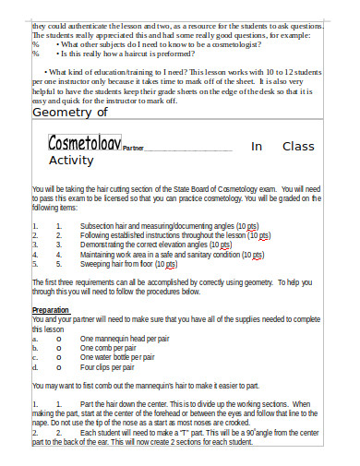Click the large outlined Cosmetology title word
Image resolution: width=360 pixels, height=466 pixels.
pos(84,145)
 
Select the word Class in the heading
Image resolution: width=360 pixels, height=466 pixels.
pos(298,146)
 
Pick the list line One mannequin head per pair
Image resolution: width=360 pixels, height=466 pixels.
pos(125,339)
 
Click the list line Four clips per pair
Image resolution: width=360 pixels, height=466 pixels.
pos(107,366)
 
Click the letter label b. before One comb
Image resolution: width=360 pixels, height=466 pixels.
pos(34,348)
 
